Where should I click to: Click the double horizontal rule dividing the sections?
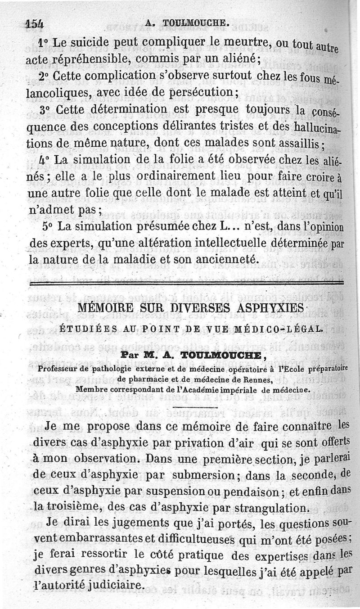pos(186,283)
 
